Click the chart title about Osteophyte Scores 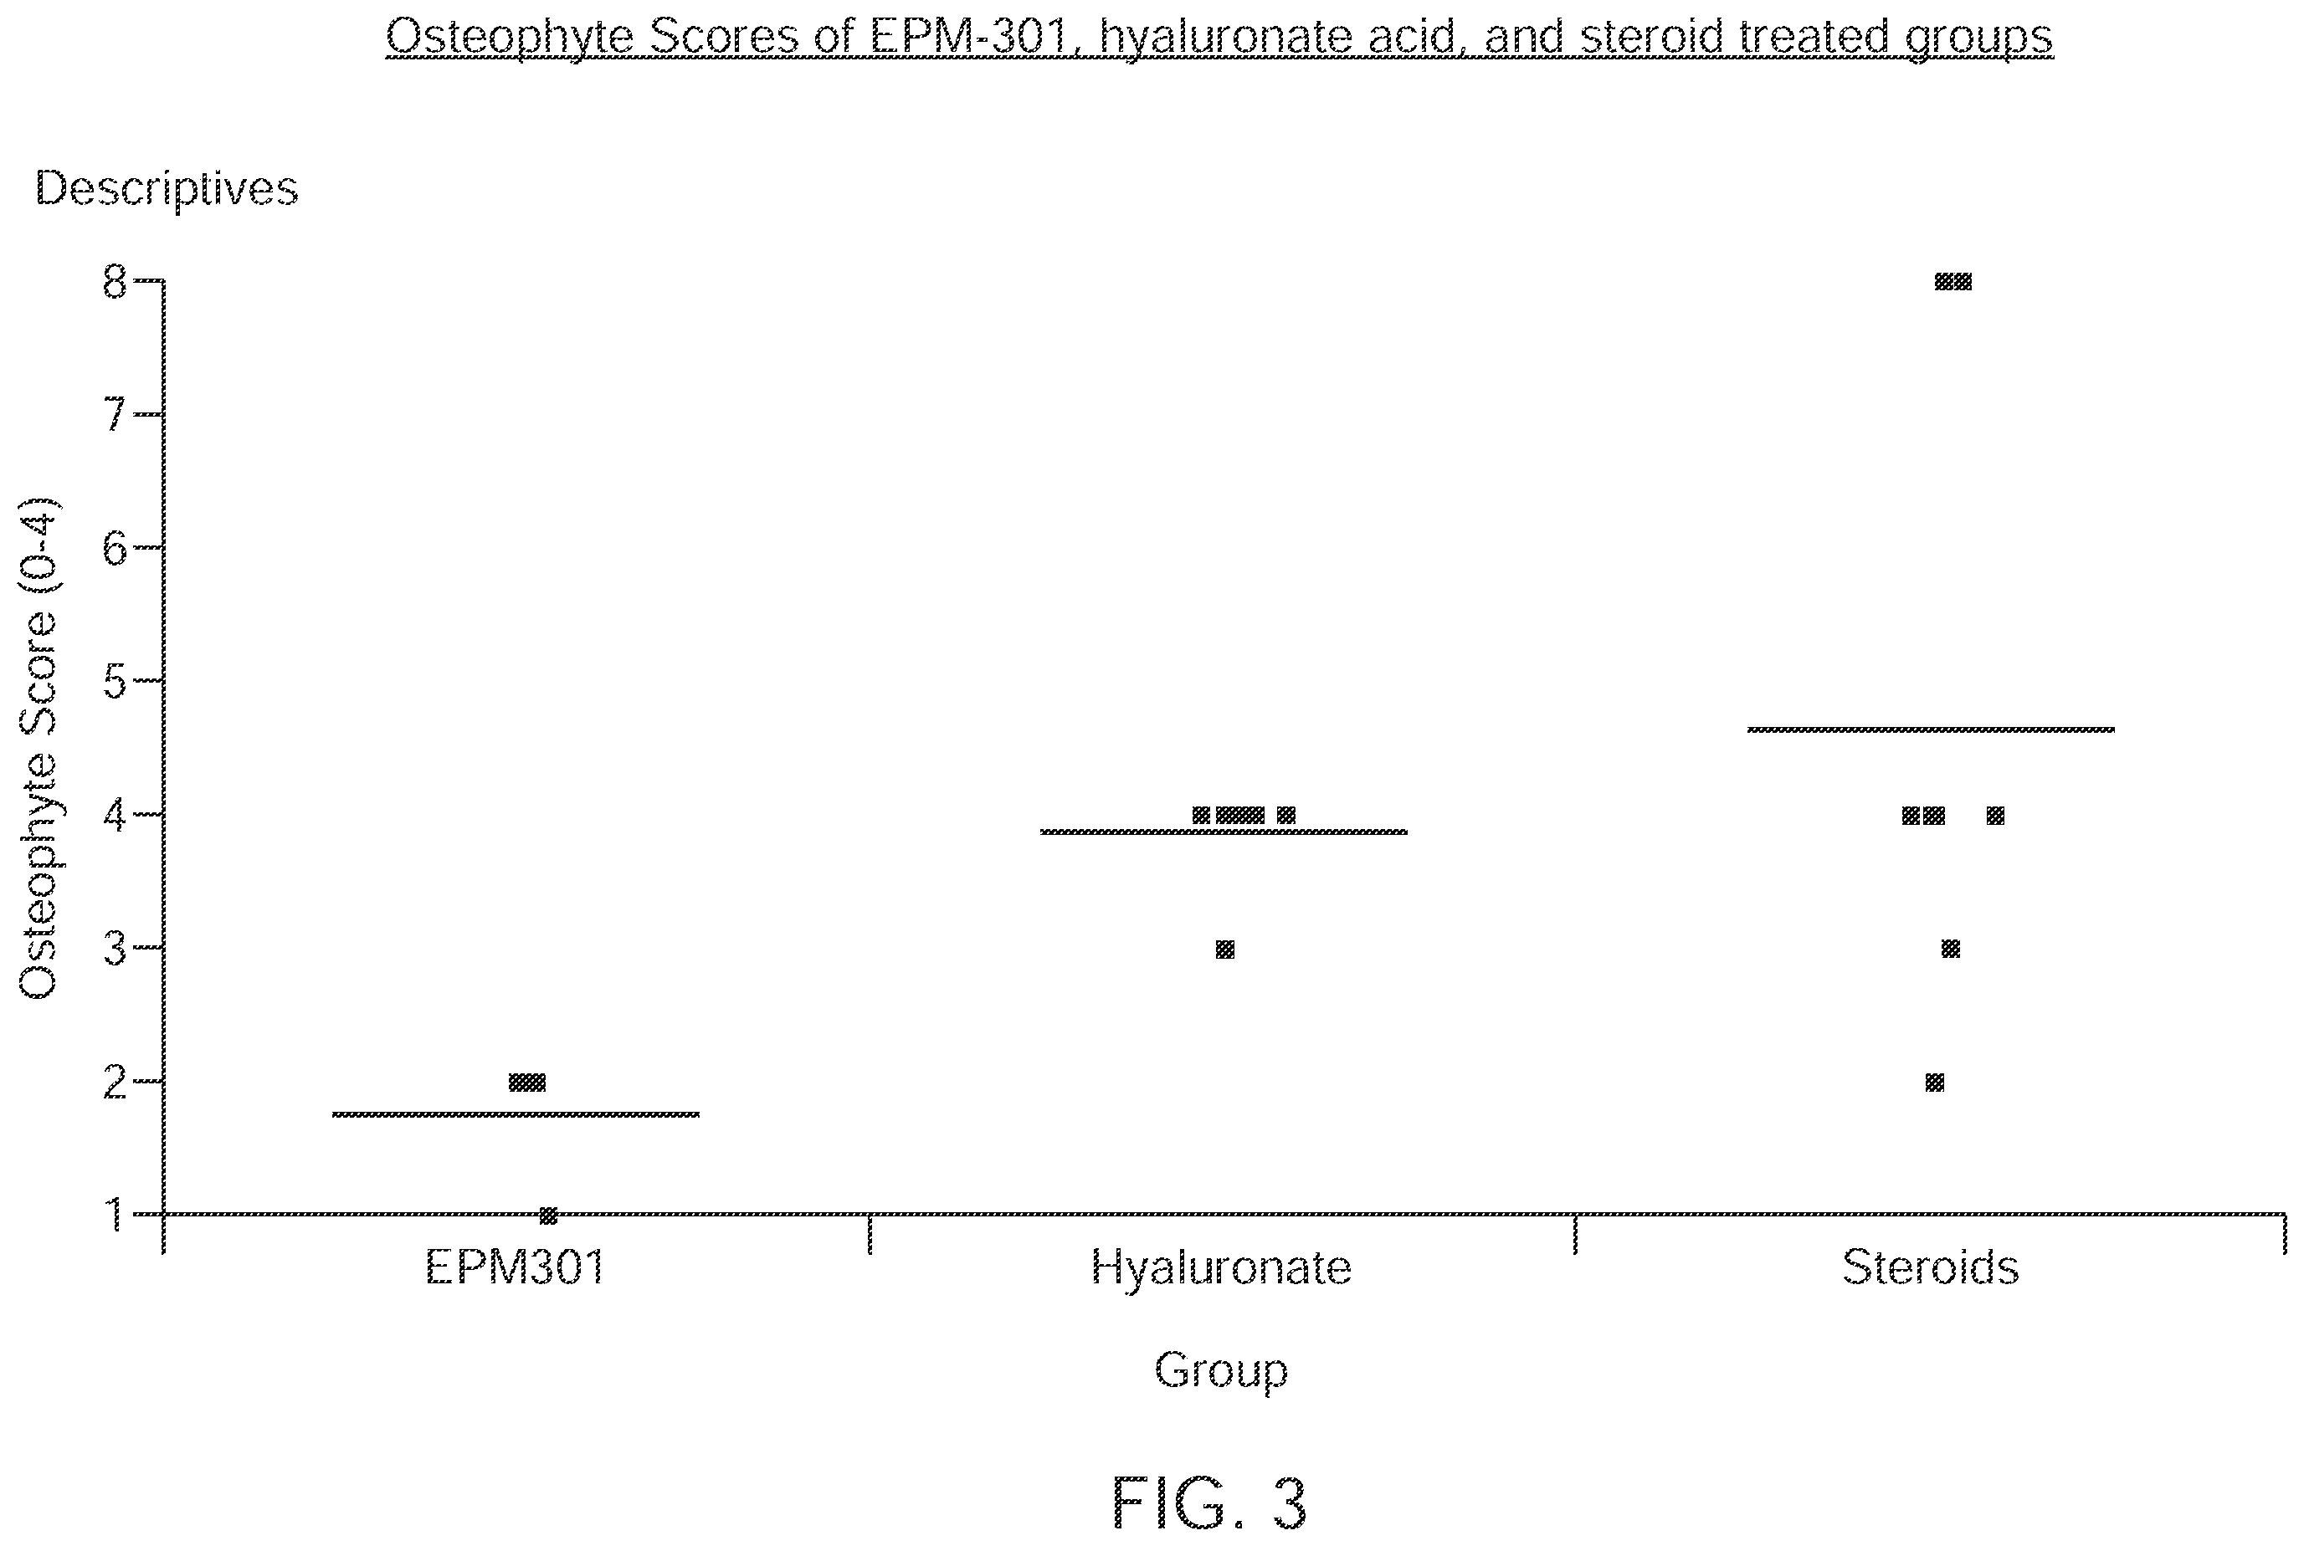tap(1219, 38)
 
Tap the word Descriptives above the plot tap(167, 189)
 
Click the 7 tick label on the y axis tap(115, 415)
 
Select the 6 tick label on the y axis tap(115, 548)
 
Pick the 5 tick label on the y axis tap(115, 681)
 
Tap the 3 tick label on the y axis tap(115, 949)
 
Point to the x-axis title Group tap(1221, 1371)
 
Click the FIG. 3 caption tap(1209, 1502)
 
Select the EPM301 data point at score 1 tap(548, 1216)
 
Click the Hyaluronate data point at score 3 tap(1225, 950)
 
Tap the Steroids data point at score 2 tap(1935, 1083)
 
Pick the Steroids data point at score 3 tap(1951, 949)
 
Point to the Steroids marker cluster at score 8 tap(1952, 282)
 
